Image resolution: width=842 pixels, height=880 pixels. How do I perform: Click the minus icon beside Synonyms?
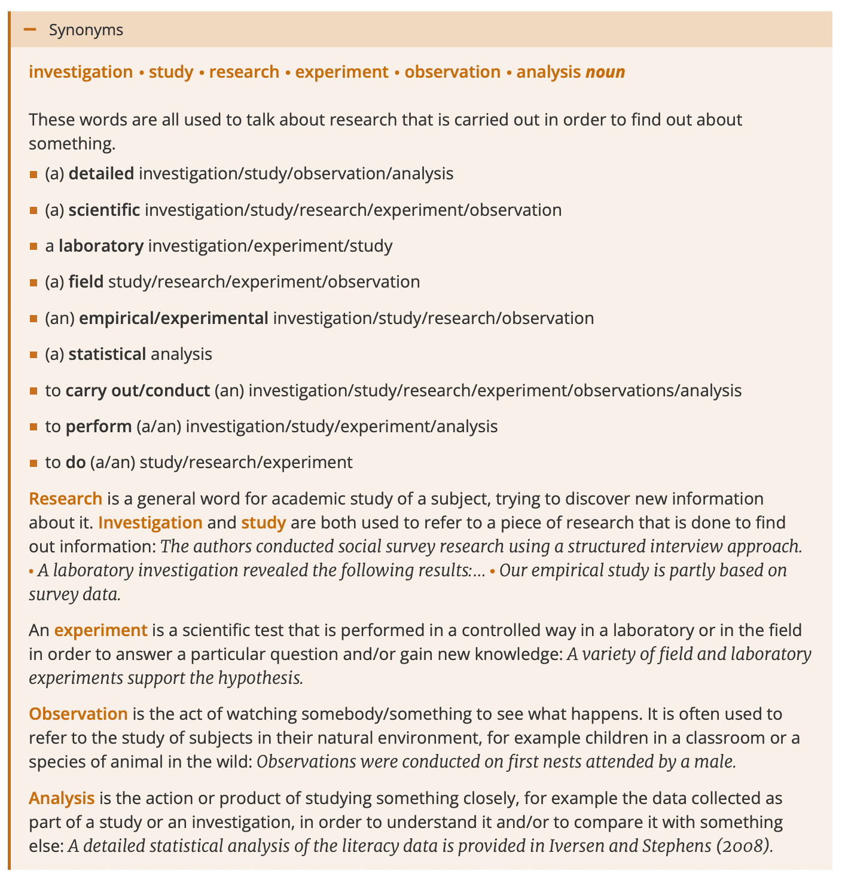tap(29, 29)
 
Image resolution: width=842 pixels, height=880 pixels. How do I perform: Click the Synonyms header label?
tap(86, 30)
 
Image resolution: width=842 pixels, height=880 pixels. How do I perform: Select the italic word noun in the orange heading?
tap(605, 72)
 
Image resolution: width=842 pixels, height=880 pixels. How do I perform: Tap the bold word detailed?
tap(101, 174)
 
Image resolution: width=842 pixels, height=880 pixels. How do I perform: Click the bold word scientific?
tap(104, 210)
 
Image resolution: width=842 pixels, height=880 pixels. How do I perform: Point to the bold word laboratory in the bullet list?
tap(100, 246)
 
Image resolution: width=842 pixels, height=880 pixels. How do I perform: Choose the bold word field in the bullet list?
tap(86, 282)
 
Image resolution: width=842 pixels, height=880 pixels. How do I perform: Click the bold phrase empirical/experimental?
tap(173, 318)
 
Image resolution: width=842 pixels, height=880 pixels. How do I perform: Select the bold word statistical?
tap(107, 355)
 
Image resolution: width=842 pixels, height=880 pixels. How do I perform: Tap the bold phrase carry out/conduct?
tap(138, 390)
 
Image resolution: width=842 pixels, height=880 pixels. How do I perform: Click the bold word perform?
tap(99, 426)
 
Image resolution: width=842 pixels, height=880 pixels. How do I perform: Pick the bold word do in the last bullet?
tap(75, 462)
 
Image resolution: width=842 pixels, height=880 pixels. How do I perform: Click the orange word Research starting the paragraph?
tap(66, 499)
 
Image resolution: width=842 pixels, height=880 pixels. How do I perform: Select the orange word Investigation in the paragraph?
tap(150, 522)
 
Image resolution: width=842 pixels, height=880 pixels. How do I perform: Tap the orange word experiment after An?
tap(100, 630)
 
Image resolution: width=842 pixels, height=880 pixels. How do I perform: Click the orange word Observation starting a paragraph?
tap(78, 714)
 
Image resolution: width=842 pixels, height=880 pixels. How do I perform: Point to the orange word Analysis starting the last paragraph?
tap(62, 798)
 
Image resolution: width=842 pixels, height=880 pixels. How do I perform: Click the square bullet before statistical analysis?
tap(33, 355)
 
